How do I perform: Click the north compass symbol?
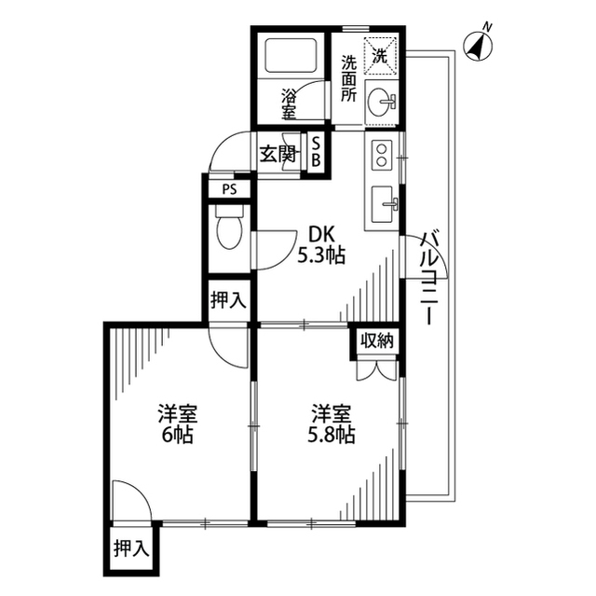point(478,46)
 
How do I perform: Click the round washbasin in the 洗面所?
point(381,102)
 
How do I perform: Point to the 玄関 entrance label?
point(278,154)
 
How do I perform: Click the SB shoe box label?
point(316,152)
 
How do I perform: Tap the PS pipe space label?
point(229,189)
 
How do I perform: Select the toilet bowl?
point(229,228)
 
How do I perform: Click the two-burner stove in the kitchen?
point(382,155)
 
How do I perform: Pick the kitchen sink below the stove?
point(384,204)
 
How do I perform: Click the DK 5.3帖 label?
point(321,244)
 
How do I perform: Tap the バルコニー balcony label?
point(430,277)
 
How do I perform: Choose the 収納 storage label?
point(376,340)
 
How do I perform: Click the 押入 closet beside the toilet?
point(229,300)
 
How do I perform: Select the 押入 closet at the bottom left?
point(131,548)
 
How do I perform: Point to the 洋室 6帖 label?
point(178,424)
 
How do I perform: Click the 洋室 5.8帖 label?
point(332,424)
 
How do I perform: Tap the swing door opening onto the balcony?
point(425,257)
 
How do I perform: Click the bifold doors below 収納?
point(376,369)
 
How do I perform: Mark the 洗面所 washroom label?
point(348,78)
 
